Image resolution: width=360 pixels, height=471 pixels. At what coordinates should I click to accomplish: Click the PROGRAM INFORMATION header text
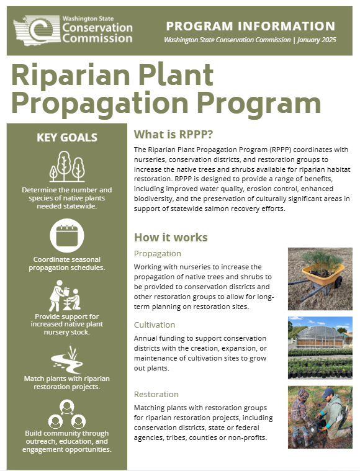[x=251, y=26]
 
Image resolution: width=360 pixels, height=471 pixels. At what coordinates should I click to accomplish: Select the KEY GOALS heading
[x=66, y=138]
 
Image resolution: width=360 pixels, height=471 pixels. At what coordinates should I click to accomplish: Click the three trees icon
[x=66, y=166]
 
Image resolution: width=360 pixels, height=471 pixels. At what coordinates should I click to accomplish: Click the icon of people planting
[x=66, y=295]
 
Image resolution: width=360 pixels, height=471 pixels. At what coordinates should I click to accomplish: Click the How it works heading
[x=171, y=238]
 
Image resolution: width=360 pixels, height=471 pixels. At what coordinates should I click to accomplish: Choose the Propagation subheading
[x=158, y=253]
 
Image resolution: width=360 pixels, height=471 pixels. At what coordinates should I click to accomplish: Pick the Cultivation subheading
[x=155, y=325]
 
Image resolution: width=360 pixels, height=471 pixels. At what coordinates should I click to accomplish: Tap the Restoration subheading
[x=156, y=394]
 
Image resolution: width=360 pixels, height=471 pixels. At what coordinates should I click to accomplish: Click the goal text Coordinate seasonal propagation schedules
[x=66, y=263]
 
